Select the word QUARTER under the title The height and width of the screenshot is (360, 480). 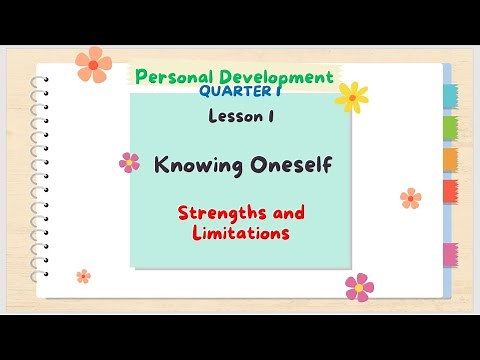point(237,92)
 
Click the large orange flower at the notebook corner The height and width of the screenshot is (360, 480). point(93,64)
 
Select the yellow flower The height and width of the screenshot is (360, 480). point(351,96)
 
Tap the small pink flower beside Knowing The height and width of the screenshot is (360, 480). point(129,161)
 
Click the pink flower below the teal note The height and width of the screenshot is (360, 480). point(359,287)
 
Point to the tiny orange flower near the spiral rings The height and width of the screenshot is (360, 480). point(84,276)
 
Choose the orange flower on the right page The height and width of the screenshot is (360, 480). point(410,198)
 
